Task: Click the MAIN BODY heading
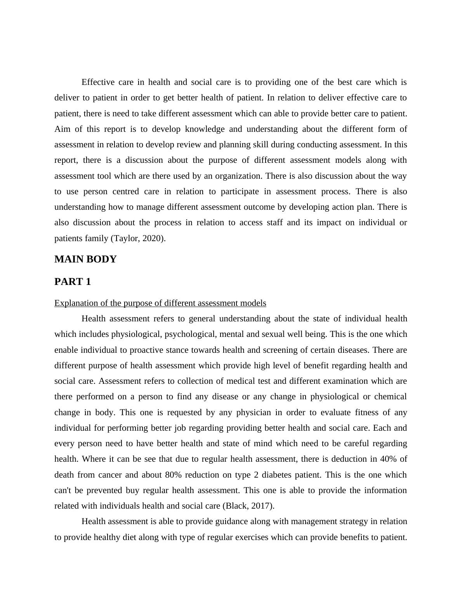(85, 259)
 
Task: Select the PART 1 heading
(73, 282)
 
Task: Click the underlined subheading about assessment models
(160, 303)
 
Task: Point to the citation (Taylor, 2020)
(138, 238)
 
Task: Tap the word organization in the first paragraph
(238, 176)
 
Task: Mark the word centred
(126, 192)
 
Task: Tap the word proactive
(146, 350)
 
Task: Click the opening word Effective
(98, 82)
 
